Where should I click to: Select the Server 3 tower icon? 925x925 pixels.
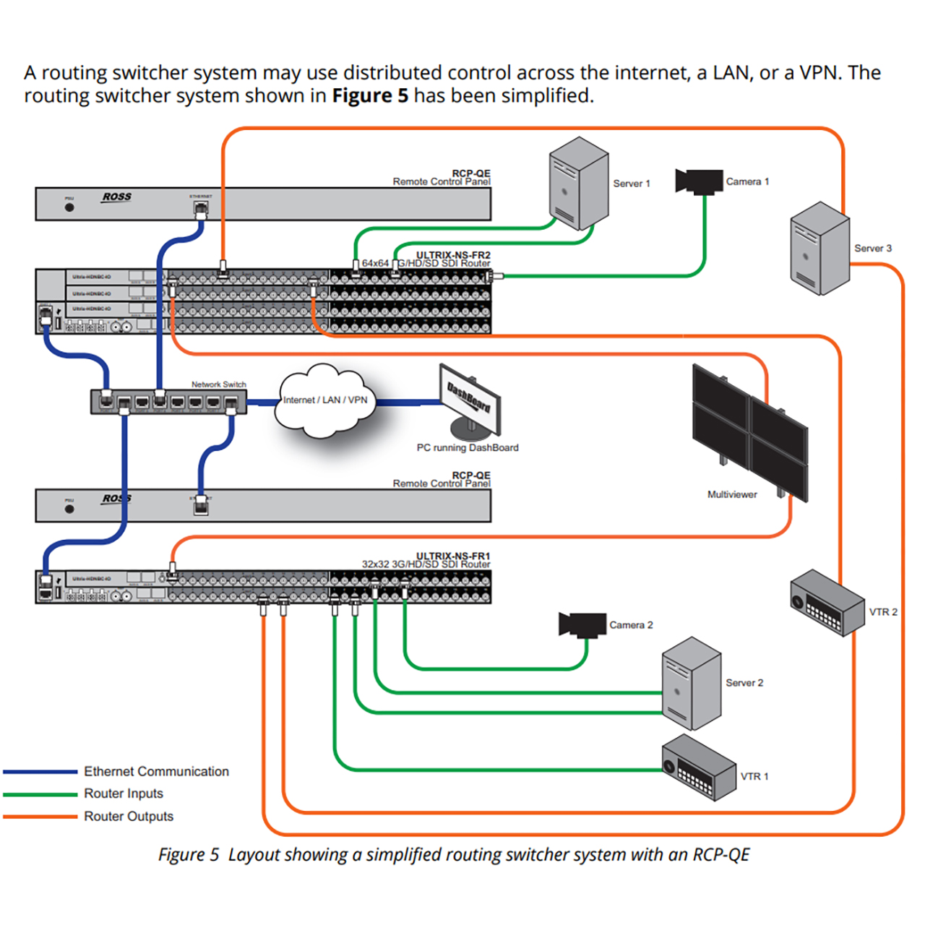tap(819, 249)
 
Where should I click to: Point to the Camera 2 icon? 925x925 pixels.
tap(582, 624)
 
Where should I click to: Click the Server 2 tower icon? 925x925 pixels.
tap(692, 683)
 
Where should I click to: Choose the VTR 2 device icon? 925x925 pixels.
tap(827, 602)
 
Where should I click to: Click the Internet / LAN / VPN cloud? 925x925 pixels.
tap(324, 400)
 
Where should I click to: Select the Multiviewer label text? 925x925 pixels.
tap(732, 495)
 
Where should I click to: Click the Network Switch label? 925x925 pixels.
tap(218, 384)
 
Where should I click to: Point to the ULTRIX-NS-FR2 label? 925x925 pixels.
tap(453, 255)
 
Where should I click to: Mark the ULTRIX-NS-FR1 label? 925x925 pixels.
tap(453, 556)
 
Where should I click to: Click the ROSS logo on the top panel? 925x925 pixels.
tap(117, 197)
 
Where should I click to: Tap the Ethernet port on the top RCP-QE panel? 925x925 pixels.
tap(201, 209)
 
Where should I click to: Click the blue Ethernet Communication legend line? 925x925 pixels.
tap(40, 772)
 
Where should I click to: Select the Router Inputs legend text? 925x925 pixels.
tap(124, 793)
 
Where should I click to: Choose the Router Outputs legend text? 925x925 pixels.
tap(129, 817)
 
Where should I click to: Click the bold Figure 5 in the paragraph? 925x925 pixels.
tap(370, 95)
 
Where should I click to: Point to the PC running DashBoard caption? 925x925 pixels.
tap(468, 448)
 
